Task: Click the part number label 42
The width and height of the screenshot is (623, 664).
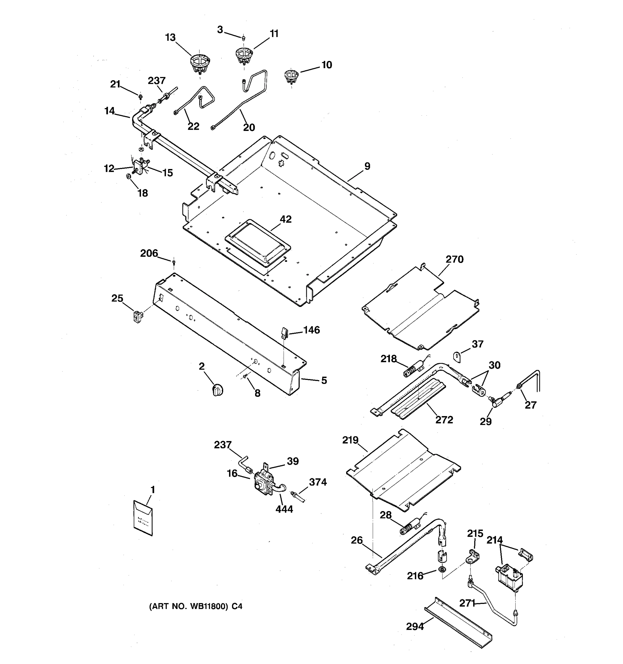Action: (x=285, y=219)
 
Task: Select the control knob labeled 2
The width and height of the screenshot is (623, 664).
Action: (x=218, y=390)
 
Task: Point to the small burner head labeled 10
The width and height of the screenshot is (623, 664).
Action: (x=291, y=76)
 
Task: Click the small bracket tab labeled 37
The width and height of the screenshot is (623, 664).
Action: (x=457, y=356)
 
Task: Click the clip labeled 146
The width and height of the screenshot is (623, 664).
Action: (x=284, y=333)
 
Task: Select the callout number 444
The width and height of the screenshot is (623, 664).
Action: (x=284, y=509)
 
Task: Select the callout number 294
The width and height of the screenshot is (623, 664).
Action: (x=415, y=627)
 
